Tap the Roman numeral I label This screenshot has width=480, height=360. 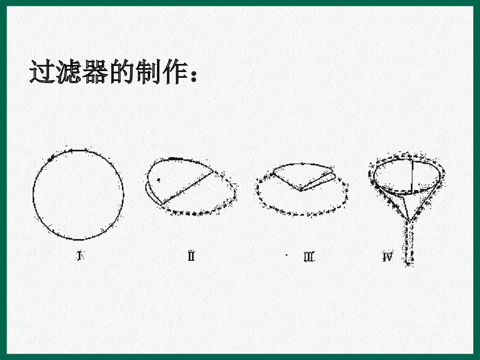click(x=79, y=256)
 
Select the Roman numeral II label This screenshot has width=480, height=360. click(x=191, y=256)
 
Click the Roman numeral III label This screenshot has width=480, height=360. click(x=309, y=257)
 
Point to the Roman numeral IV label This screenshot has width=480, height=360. click(x=387, y=257)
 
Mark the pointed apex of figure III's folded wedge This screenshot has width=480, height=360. click(x=301, y=191)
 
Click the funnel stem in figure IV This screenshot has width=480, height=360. click(x=409, y=242)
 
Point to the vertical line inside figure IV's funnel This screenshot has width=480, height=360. click(x=412, y=175)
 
